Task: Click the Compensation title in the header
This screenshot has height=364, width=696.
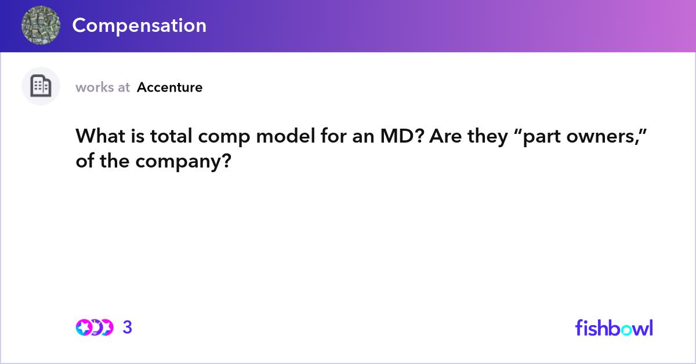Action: (x=139, y=26)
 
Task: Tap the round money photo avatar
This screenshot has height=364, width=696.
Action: (x=41, y=26)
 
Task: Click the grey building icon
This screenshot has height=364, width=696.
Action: (x=41, y=86)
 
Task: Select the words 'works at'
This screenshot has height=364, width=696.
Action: (x=103, y=88)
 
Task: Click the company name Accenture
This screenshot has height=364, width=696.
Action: (x=170, y=88)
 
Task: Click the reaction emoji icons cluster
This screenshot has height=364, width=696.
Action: (x=94, y=327)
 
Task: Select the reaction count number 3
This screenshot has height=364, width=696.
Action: (x=128, y=327)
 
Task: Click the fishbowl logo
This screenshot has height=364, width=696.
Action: (x=614, y=327)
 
